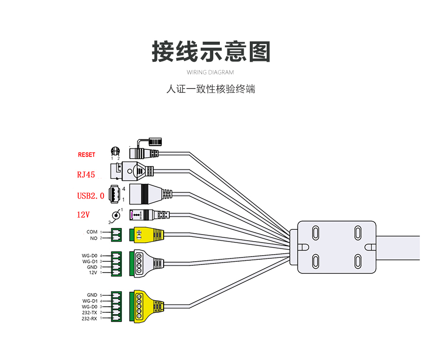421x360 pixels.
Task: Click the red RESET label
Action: [86, 155]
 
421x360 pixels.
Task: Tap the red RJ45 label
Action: [86, 175]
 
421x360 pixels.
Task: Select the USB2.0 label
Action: [90, 196]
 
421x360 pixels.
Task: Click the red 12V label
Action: [83, 215]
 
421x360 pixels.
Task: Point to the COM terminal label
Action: [92, 232]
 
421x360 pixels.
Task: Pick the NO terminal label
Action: [94, 238]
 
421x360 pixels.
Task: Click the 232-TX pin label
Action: [89, 312]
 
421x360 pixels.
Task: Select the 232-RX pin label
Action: [89, 318]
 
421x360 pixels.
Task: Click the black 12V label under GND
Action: [93, 272]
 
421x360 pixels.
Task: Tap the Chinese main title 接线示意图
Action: [211, 51]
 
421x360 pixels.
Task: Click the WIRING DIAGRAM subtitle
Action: [210, 73]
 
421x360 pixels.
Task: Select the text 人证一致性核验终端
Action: [210, 89]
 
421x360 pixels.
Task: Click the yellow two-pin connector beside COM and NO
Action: [147, 235]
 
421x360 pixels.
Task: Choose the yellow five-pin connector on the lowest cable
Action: [145, 307]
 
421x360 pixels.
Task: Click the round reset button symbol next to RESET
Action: [115, 151]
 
